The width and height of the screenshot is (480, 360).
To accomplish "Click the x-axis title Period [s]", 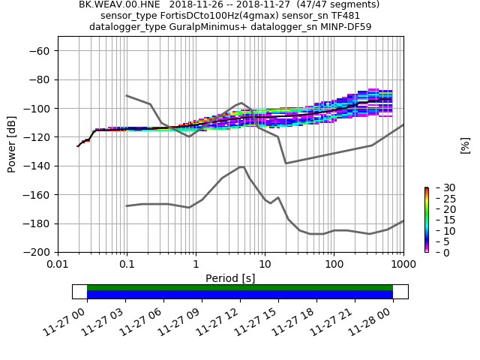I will (x=230, y=278).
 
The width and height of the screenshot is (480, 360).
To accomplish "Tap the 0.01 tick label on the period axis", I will (x=58, y=265).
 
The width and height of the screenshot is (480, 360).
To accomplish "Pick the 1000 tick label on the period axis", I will (x=403, y=265).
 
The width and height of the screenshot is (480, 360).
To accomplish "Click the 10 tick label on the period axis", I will (x=265, y=265).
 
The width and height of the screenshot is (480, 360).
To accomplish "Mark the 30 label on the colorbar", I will (x=439, y=187).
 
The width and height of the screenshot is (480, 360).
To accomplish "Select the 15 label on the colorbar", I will (x=439, y=220).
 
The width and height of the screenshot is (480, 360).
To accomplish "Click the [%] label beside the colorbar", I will (x=465, y=145).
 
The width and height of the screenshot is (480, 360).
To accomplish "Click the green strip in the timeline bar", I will (x=240, y=287).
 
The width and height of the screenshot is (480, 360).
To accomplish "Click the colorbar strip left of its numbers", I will (x=426, y=220).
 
